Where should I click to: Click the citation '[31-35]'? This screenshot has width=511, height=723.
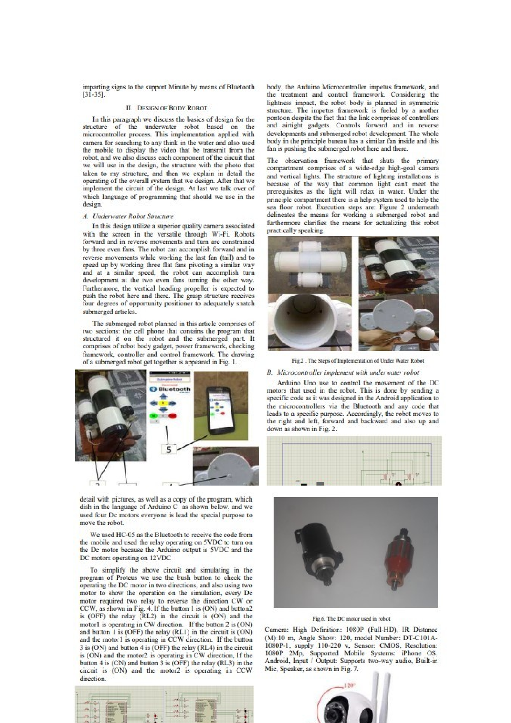(x=94, y=95)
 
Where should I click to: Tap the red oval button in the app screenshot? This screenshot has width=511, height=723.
(x=173, y=416)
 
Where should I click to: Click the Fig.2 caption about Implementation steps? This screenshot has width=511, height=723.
(x=358, y=361)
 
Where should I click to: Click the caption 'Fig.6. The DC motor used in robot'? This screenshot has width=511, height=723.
(x=351, y=619)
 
